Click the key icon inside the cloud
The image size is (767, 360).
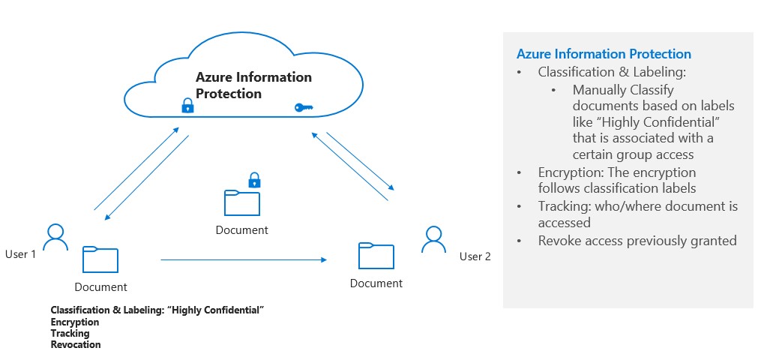pos(303,108)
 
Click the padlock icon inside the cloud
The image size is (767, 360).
pos(187,106)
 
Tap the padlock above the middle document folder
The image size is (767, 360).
pos(254,180)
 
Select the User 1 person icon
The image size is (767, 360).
pos(55,236)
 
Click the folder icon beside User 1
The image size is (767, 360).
pos(100,259)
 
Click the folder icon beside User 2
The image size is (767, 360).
pos(376,255)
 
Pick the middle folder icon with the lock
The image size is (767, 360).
pos(241,203)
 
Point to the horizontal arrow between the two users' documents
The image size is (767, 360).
pos(244,259)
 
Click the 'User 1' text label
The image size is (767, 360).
pos(20,254)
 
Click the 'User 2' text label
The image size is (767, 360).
pos(475,256)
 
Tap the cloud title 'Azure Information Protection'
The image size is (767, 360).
pos(253,85)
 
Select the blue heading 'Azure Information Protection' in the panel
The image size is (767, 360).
pos(604,54)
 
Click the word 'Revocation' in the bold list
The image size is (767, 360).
pos(76,345)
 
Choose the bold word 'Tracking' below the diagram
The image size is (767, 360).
pos(70,333)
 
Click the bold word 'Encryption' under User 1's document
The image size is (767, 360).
pos(75,322)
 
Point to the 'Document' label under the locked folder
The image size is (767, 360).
pos(241,230)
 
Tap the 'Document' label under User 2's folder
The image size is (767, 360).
pos(376,283)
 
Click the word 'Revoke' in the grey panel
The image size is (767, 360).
pos(558,241)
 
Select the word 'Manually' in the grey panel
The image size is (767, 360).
pos(600,89)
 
